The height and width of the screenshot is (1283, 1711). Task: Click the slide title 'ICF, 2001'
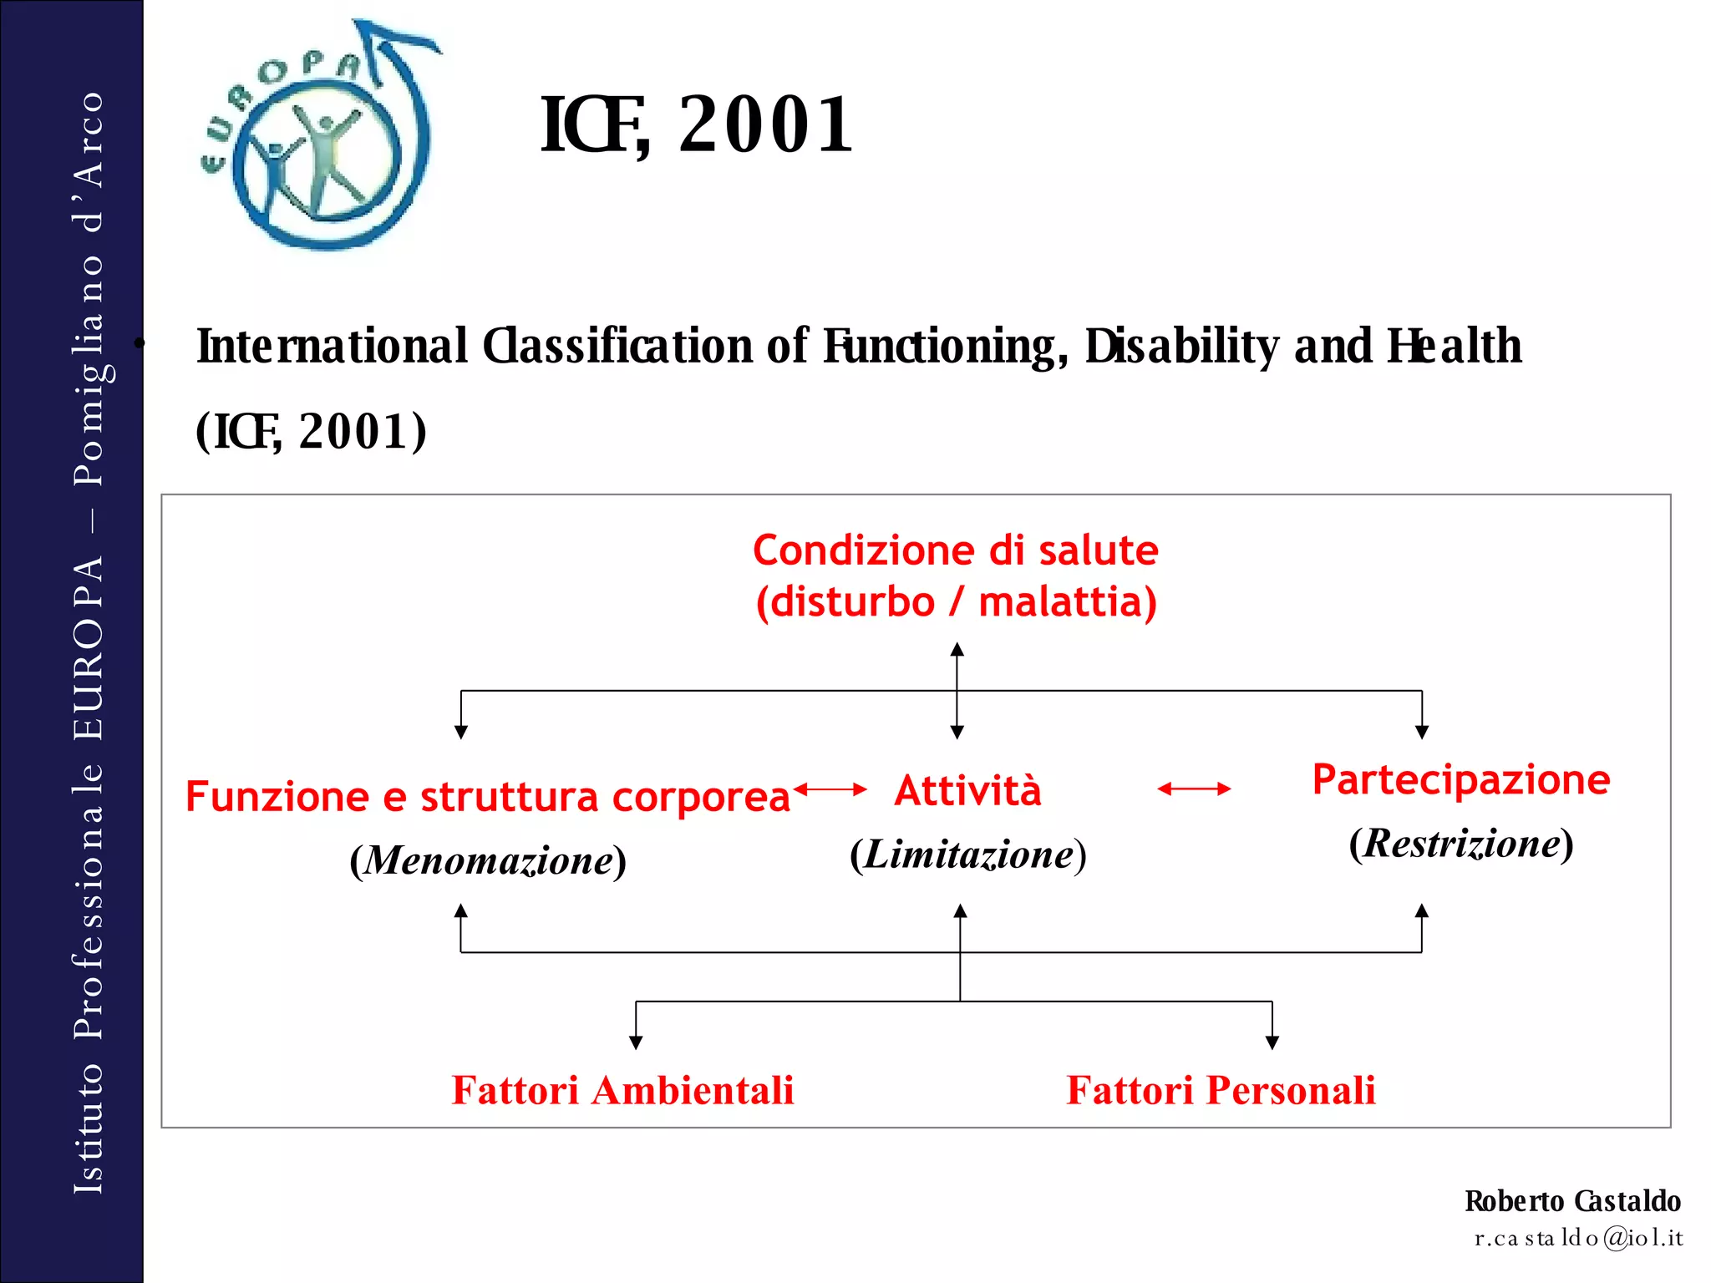(x=696, y=125)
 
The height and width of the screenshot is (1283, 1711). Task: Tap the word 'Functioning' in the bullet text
(x=944, y=347)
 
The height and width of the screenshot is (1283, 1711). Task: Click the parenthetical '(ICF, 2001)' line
(x=311, y=432)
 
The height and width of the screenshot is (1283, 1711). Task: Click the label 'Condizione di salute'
(x=956, y=550)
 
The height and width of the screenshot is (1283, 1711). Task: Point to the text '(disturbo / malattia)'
(x=956, y=602)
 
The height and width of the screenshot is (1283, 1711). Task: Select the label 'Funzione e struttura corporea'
(x=487, y=797)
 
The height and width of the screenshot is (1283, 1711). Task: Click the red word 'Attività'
(x=967, y=790)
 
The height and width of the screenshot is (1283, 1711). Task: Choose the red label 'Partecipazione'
(x=1460, y=779)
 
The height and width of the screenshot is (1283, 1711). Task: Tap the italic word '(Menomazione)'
(x=487, y=860)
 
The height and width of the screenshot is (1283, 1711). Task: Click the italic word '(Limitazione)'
(x=967, y=854)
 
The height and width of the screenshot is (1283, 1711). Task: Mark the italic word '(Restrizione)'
(x=1460, y=844)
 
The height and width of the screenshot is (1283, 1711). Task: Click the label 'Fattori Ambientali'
(x=622, y=1091)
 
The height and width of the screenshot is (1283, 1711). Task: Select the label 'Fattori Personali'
(x=1221, y=1091)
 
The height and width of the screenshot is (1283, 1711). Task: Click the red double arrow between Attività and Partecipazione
(x=1194, y=789)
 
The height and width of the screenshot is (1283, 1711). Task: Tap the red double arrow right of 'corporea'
(x=830, y=789)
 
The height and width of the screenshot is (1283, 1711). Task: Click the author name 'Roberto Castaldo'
(x=1571, y=1201)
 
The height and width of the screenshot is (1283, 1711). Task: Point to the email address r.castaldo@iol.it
(x=1578, y=1238)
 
